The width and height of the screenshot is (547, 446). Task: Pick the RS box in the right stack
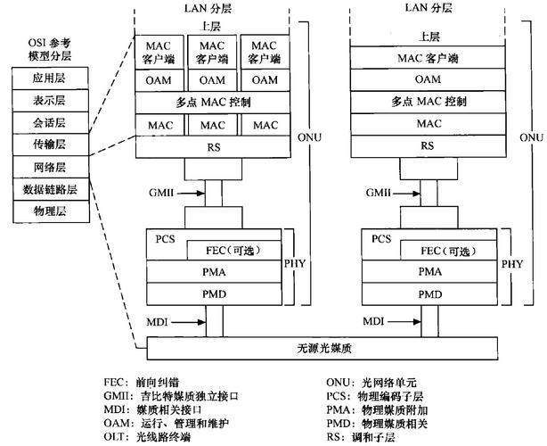(x=429, y=145)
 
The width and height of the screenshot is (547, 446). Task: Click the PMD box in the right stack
(x=429, y=293)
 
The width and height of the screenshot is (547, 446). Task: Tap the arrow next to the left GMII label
(x=190, y=193)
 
